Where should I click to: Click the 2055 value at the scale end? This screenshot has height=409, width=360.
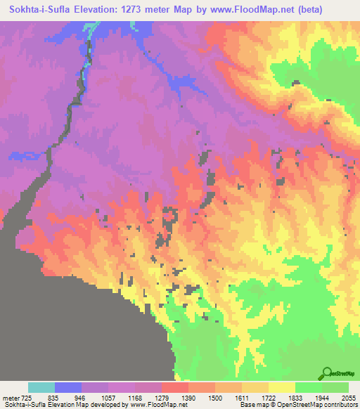pos(349,397)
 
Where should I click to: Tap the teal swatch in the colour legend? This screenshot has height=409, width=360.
pos(41,387)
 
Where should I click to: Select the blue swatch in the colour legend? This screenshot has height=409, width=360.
pos(68,387)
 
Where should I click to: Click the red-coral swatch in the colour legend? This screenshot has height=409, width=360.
pos(175,387)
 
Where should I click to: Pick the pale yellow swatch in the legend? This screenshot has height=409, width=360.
pos(282,387)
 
